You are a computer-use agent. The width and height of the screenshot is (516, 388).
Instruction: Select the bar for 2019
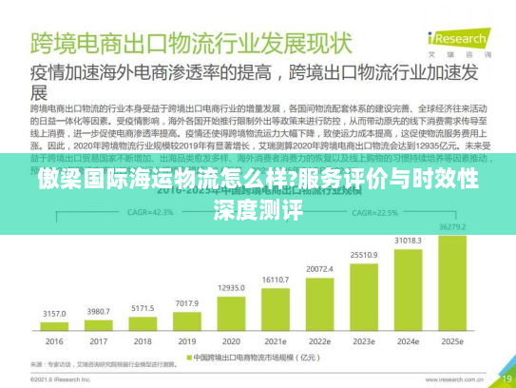(x=186, y=320)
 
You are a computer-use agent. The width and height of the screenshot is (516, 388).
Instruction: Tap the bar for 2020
(x=231, y=313)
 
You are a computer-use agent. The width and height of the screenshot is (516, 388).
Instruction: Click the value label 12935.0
(x=231, y=286)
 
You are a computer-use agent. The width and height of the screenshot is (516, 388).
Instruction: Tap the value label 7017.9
(x=186, y=302)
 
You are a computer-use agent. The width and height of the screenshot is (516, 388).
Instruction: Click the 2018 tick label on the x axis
(x=143, y=341)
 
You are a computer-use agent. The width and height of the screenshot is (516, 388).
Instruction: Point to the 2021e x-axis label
(x=276, y=341)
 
